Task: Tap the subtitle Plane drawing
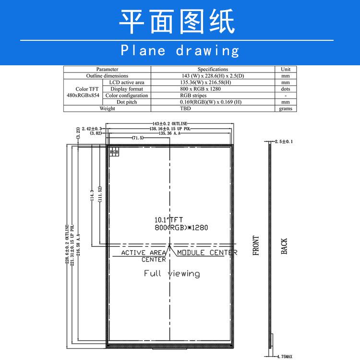coord(180,50)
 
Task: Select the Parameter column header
coord(107,69)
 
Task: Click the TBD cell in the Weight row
coord(185,108)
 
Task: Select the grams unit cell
coord(286,108)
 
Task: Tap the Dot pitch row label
coord(127,102)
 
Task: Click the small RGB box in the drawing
coord(114,152)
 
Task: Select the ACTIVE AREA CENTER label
coord(144,256)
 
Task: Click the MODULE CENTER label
coord(207,252)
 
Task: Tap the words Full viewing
coord(172,274)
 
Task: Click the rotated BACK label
coord(284,246)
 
